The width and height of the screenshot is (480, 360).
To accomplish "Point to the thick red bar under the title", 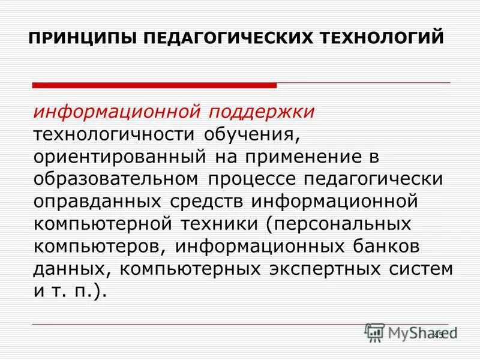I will (155, 85).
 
